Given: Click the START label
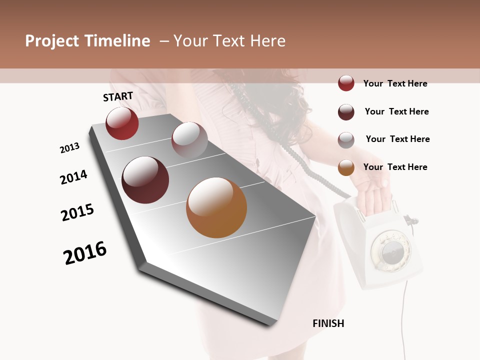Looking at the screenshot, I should (118, 96).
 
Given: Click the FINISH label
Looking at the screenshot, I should (328, 323).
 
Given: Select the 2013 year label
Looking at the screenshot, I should (69, 148).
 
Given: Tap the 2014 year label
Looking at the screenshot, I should (73, 177).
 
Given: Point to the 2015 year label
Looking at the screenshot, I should (77, 212).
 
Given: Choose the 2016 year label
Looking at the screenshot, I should (85, 253).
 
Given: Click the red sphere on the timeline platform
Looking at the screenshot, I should (122, 123).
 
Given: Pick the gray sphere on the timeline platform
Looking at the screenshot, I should (189, 139).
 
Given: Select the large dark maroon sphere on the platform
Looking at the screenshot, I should (145, 180).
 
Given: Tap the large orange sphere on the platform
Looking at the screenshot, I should (216, 207).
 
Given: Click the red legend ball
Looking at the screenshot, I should (346, 83).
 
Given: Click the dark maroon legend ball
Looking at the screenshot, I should (346, 112).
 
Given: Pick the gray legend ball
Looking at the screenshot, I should (346, 140).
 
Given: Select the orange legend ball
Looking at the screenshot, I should (346, 167).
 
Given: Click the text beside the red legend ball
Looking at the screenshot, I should (395, 83).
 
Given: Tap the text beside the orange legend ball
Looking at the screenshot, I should (395, 167).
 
